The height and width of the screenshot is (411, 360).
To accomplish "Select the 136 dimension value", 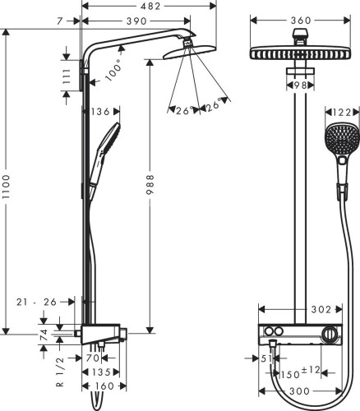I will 101,111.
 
